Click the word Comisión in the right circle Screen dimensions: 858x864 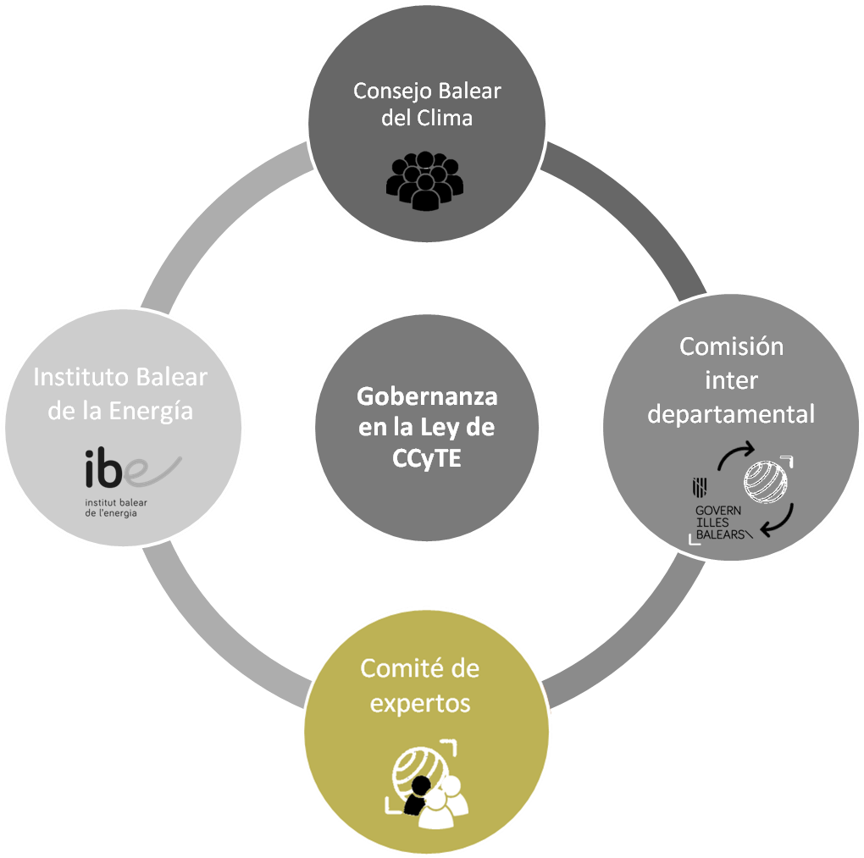pyautogui.click(x=732, y=346)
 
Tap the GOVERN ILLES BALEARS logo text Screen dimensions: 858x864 pyautogui.click(x=720, y=523)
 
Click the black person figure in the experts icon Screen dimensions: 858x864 pyautogui.click(x=416, y=798)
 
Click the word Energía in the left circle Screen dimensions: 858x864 pyautogui.click(x=156, y=411)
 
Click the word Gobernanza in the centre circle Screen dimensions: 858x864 pyautogui.click(x=427, y=396)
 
